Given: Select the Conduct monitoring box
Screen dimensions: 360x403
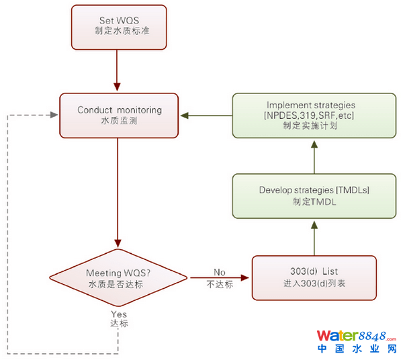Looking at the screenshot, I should (119, 116).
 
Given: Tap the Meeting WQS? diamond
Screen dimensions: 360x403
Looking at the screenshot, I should (118, 277).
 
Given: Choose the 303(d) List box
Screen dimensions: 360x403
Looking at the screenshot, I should (314, 277).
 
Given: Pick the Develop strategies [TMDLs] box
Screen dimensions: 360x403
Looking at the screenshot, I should (314, 195).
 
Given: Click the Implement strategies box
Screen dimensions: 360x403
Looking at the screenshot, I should (314, 116).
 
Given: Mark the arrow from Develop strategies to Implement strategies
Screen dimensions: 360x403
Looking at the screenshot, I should (314, 155).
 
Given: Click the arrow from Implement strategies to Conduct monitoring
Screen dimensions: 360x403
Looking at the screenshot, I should (206, 116).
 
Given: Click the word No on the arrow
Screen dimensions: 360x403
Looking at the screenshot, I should (219, 272).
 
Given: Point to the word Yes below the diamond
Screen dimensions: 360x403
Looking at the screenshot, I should (118, 314).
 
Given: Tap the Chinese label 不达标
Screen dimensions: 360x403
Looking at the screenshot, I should (219, 284).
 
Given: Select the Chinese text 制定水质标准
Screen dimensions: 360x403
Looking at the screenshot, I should (118, 31).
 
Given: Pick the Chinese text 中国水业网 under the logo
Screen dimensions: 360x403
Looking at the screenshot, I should (357, 349).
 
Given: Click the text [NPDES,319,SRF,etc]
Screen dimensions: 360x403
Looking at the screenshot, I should (310, 116).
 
